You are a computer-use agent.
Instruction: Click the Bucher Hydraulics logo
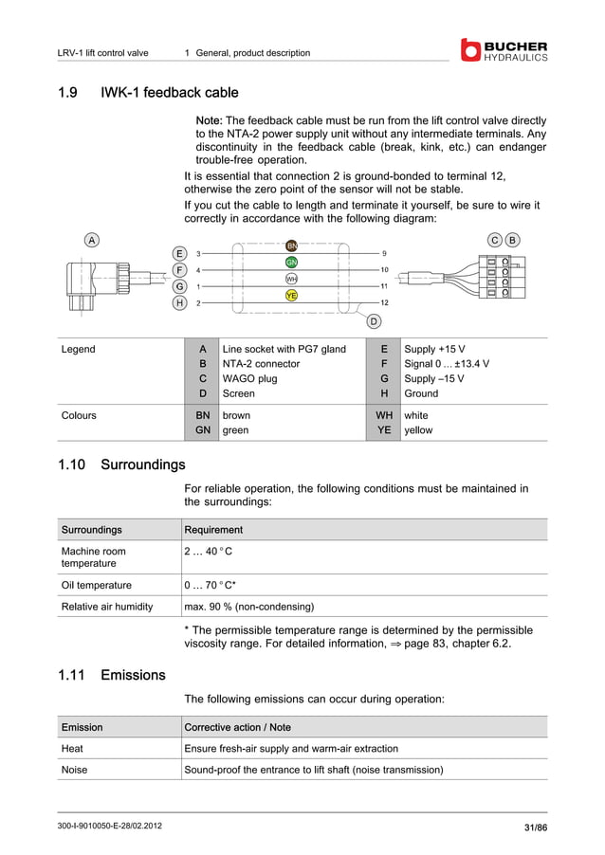504,50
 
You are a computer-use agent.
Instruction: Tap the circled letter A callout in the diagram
91,240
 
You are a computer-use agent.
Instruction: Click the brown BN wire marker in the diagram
292,246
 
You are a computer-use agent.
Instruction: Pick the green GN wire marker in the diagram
292,262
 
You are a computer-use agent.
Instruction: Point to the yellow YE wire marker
292,295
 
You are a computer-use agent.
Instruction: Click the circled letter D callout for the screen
374,322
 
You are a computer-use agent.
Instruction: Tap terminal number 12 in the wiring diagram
384,302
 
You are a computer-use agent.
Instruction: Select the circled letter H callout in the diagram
179,302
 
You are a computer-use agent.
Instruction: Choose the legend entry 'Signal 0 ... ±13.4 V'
447,363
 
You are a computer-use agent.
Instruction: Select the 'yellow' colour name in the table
418,429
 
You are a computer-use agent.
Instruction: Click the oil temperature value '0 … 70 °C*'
210,585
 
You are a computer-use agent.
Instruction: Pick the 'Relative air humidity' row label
107,607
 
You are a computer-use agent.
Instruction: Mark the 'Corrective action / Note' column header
237,727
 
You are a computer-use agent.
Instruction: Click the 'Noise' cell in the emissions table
74,770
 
